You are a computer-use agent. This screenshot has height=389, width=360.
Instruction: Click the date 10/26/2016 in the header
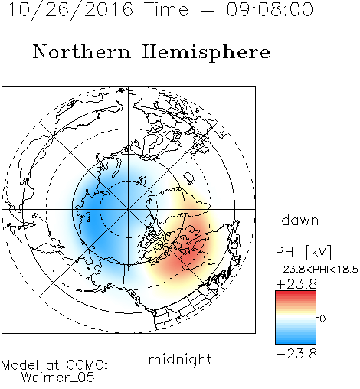(x=70, y=10)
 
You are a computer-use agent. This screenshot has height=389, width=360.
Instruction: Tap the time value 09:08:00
(x=270, y=9)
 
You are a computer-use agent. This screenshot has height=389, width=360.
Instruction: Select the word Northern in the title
(x=82, y=51)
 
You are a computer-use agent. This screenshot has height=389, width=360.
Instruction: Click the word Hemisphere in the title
(x=206, y=53)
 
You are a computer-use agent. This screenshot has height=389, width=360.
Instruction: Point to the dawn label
(x=300, y=220)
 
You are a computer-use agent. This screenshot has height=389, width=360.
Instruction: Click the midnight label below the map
(x=180, y=361)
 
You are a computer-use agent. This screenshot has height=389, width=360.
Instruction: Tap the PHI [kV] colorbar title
(x=303, y=252)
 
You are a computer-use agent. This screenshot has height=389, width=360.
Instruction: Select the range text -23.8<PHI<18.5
(x=317, y=270)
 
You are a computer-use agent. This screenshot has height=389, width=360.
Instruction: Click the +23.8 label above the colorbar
(x=296, y=284)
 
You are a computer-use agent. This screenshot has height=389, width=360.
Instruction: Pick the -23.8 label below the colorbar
(x=296, y=354)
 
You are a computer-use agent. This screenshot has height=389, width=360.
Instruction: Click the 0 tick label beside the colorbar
(x=322, y=319)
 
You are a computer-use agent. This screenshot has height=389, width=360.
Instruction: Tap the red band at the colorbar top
(x=296, y=293)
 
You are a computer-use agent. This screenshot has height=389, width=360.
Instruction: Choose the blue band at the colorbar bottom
(x=296, y=342)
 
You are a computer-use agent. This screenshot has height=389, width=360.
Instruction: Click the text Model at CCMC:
(x=54, y=365)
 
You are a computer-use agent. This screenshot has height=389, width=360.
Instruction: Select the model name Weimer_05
(x=58, y=378)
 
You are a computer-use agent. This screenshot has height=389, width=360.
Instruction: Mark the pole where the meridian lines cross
(x=129, y=209)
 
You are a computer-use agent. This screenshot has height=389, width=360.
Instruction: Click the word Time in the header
(x=166, y=9)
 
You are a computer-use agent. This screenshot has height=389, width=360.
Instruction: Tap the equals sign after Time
(x=208, y=10)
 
